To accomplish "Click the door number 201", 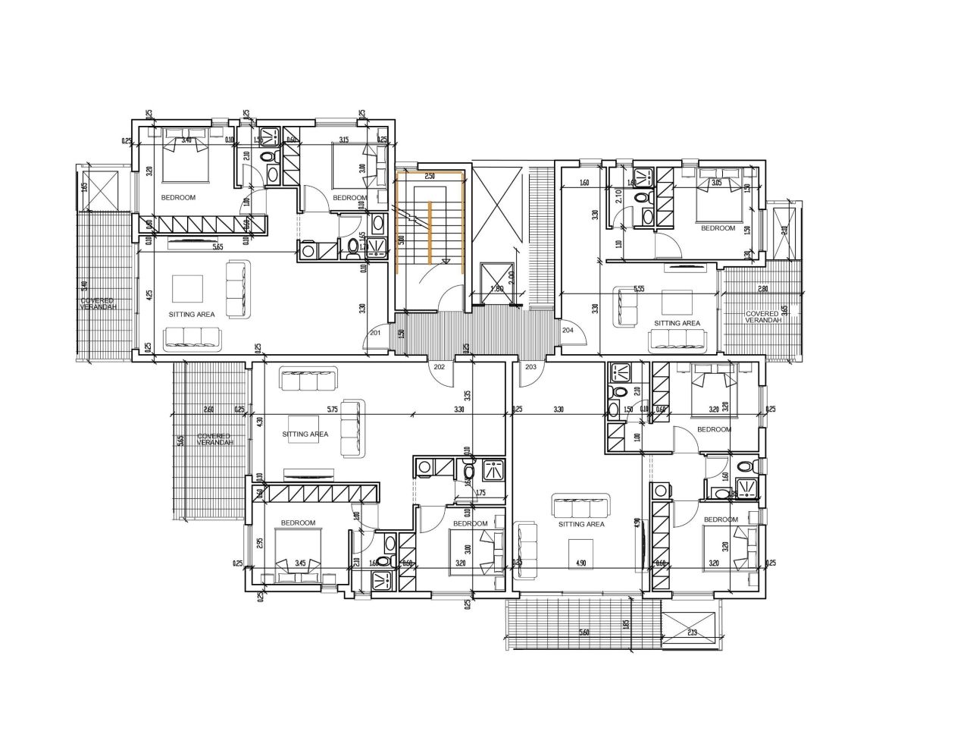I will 375,332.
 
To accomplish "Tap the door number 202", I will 439,366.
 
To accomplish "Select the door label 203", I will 530,366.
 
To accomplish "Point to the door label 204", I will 568,330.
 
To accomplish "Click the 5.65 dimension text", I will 218,246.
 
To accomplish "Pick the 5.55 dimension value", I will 640,288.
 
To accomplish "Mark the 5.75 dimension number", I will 332,409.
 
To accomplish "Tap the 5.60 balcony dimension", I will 584,632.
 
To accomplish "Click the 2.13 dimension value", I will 692,632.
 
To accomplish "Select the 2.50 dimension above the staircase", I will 430,176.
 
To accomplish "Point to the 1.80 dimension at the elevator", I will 497,288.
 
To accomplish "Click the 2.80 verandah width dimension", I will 762,288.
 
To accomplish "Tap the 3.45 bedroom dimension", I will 300,563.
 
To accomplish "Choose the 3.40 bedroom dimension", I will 185,140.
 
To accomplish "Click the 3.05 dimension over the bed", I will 717,183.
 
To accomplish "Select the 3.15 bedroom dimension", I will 343,140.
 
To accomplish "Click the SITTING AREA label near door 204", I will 677,323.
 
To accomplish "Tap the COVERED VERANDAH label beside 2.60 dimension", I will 215,439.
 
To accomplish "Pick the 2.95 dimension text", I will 260,543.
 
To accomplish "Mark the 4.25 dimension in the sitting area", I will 150,295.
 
